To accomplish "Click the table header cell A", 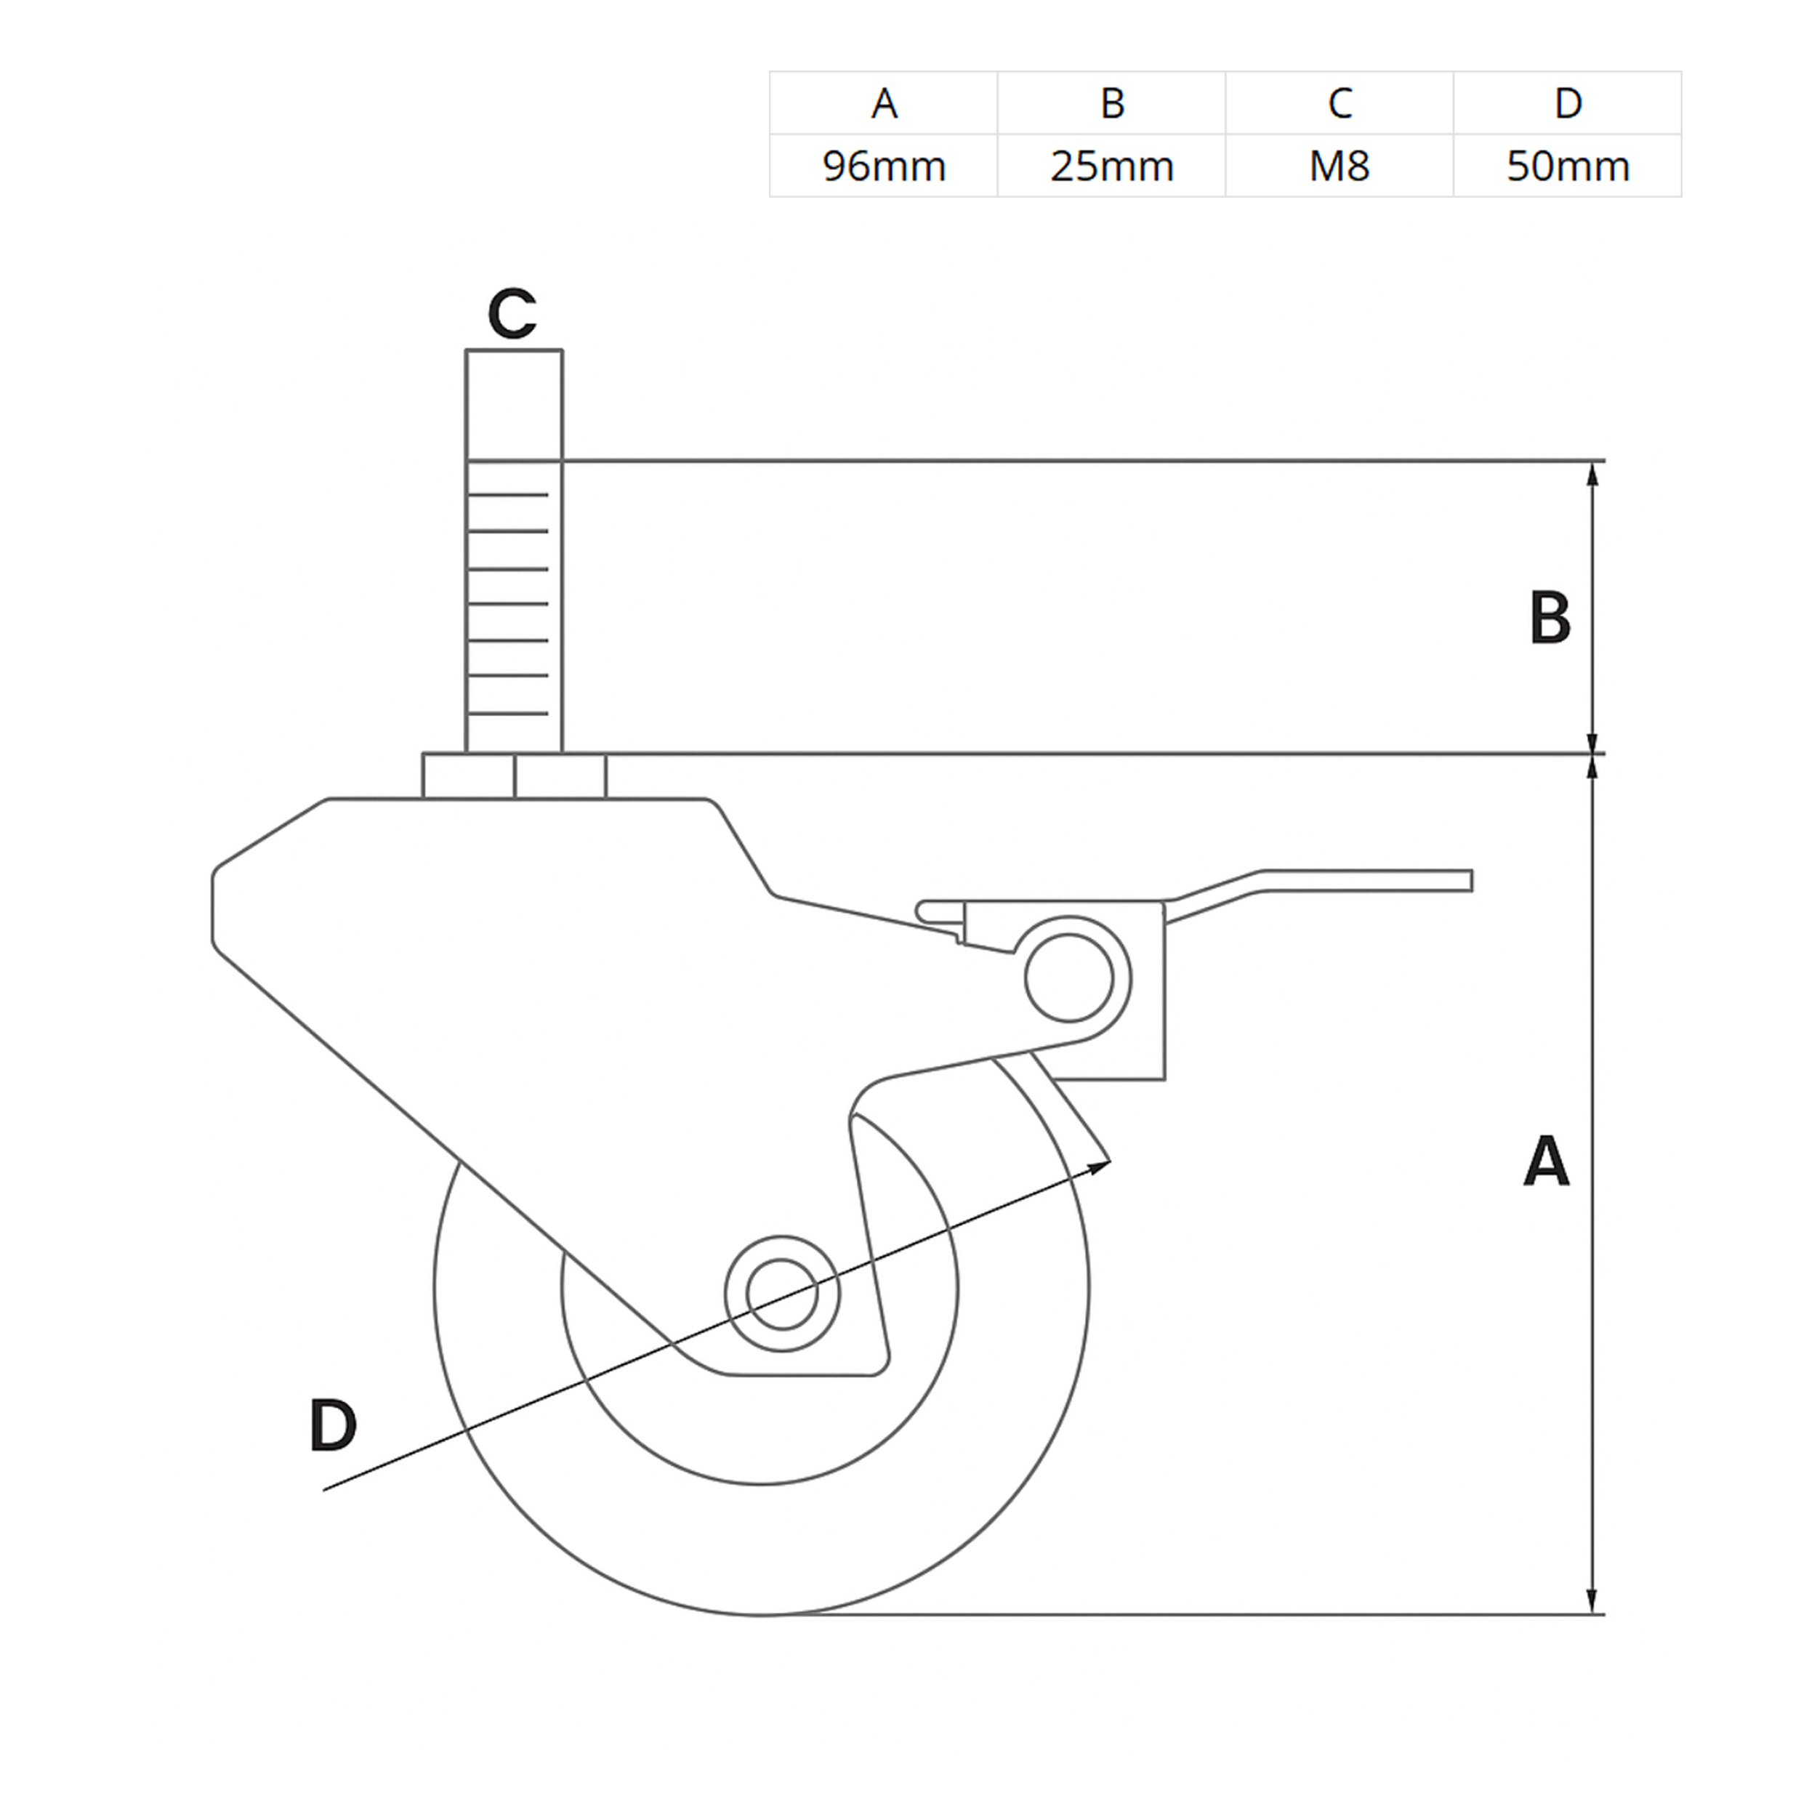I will tap(884, 103).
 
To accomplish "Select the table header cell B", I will tap(1112, 103).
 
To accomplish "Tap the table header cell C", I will tap(1340, 103).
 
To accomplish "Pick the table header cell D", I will tap(1568, 103).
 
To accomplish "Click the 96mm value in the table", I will tap(884, 166).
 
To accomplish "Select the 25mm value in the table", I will tap(1112, 166).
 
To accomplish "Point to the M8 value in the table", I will tap(1340, 166).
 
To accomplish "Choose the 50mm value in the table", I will tap(1568, 166).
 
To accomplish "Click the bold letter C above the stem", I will tap(512, 313).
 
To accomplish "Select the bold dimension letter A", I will tap(1546, 1161).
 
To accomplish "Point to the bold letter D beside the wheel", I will tap(333, 1425).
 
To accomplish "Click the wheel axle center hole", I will tap(783, 1294).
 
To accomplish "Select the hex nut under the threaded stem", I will tap(515, 776).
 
